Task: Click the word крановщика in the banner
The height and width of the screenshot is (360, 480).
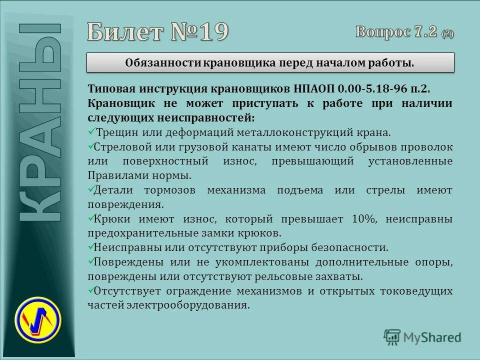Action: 236,63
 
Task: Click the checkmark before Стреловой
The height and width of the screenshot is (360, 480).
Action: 90,147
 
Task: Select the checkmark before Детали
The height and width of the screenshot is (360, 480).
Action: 90,190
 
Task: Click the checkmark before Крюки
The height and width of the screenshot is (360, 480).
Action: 90,218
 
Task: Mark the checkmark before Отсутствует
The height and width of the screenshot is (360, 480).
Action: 90,290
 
